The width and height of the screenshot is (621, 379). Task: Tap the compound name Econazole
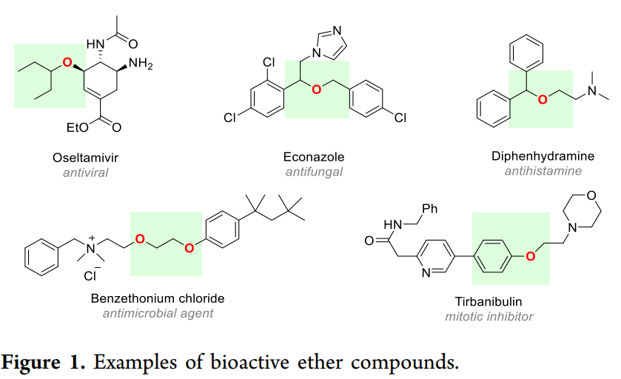(314, 158)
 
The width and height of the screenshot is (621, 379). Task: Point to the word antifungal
(314, 172)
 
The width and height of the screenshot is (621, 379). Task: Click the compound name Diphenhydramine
(543, 157)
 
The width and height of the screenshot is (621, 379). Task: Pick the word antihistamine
(543, 172)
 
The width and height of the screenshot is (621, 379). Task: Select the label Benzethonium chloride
(158, 298)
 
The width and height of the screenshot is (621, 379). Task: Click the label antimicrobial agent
(158, 313)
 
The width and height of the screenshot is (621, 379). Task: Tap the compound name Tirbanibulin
(489, 302)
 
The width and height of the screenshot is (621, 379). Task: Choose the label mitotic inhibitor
(489, 317)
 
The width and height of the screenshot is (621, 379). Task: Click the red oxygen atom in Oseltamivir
(67, 64)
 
